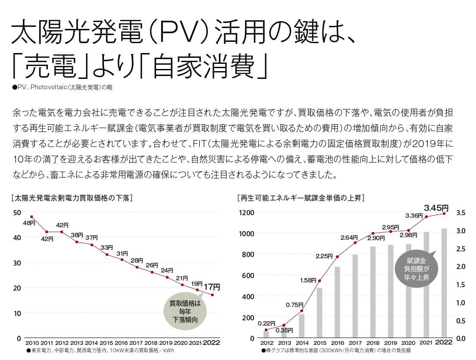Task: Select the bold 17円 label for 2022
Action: [x=212, y=286]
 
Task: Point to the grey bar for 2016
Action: [x=337, y=302]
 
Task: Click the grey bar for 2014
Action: [x=302, y=326]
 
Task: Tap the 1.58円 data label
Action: [x=308, y=281]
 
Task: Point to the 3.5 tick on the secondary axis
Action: [x=460, y=213]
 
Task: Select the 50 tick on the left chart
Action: [x=17, y=213]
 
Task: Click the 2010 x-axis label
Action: [x=32, y=343]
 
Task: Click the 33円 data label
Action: [x=106, y=247]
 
